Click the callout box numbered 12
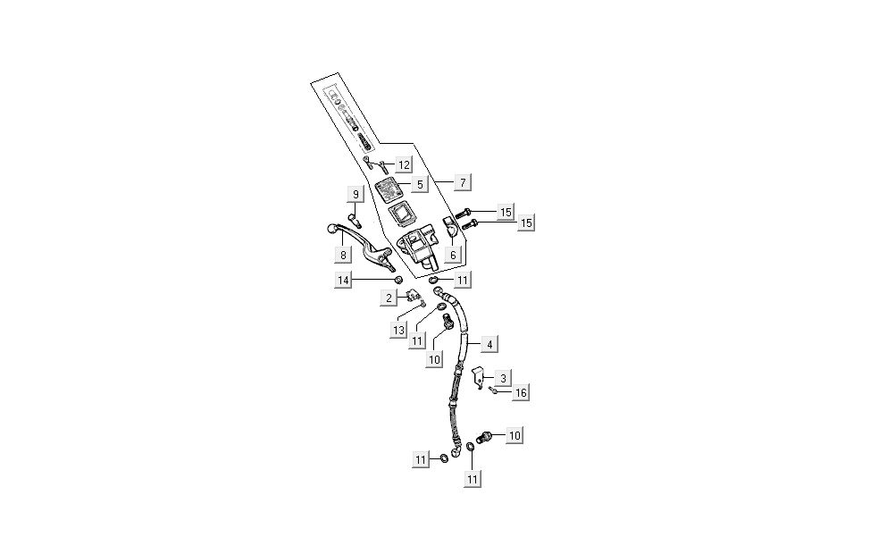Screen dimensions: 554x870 coord(404,164)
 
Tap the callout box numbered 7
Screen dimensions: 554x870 coord(462,182)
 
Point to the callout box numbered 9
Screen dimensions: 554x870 coord(356,194)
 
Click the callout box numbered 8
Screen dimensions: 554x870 coord(342,255)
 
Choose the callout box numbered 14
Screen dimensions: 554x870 coord(343,281)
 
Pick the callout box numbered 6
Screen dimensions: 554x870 coord(453,255)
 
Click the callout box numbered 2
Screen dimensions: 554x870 coord(389,297)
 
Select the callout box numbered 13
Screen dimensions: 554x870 coord(398,330)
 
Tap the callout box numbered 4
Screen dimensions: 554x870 coord(489,343)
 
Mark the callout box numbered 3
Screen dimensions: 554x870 coord(504,378)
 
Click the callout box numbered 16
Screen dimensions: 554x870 coord(521,392)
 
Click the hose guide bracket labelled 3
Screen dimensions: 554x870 coord(478,380)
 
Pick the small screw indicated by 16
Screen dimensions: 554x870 coord(492,390)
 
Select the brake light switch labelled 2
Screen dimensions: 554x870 coord(413,296)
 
